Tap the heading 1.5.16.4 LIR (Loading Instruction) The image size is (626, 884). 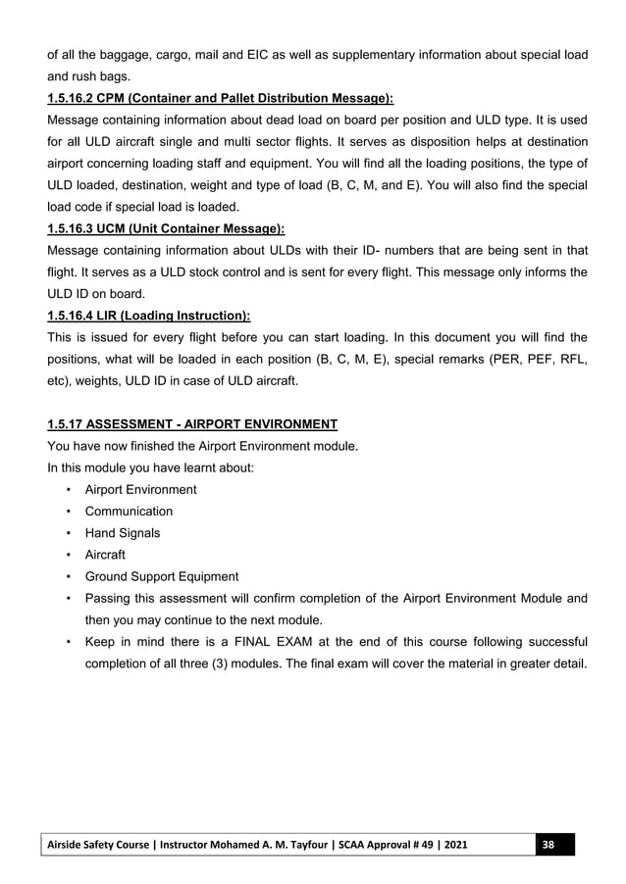[148, 315]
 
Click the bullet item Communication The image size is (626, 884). [129, 512]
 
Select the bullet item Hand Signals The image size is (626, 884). [123, 533]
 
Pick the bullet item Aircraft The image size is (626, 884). [105, 555]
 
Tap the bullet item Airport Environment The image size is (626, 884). [140, 489]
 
